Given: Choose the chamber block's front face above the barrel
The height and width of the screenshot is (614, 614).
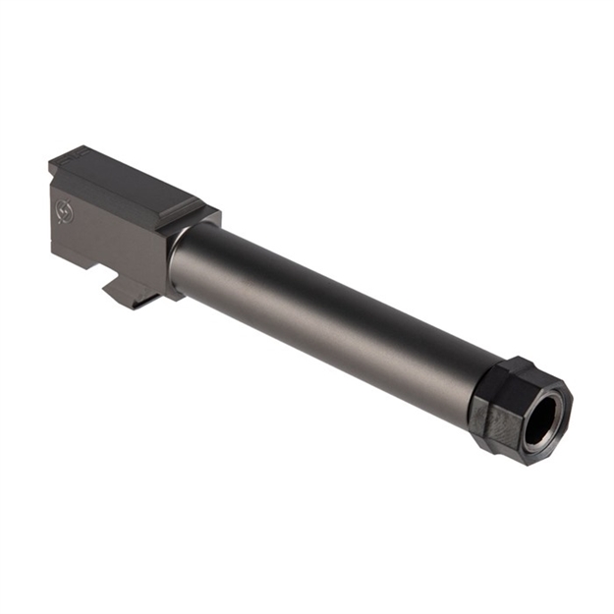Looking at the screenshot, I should point(201,221).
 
